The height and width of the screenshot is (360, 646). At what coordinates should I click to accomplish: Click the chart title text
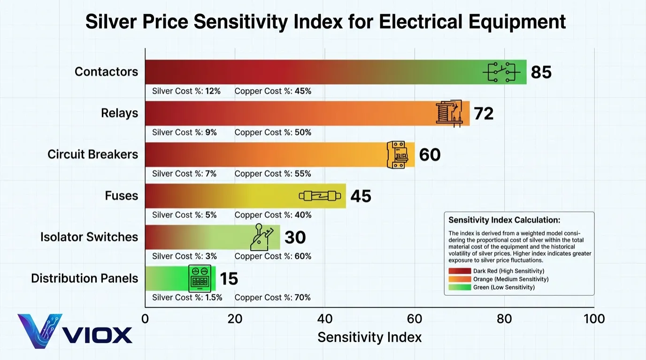pos(325,22)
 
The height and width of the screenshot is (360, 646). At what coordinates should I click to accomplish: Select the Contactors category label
pos(106,72)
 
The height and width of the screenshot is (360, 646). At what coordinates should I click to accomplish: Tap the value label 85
pos(541,72)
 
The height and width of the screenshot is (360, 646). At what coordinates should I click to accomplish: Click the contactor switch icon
pos(501,72)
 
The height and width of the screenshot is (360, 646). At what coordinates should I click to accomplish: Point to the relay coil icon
pos(449,113)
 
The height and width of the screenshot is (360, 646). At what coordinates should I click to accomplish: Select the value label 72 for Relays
pos(483,114)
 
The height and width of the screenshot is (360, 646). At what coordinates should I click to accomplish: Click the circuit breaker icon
pos(396,154)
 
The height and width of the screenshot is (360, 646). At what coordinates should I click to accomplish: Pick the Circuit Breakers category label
pos(92,154)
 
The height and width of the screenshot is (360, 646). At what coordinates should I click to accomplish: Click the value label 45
pos(361,196)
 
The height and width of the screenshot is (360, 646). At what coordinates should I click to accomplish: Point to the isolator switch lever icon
pos(261,237)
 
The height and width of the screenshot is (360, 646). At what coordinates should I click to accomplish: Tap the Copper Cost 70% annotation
pos(272,298)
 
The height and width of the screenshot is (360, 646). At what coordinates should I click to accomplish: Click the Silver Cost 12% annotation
pos(186,91)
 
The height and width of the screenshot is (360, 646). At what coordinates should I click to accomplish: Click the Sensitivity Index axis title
pos(369,337)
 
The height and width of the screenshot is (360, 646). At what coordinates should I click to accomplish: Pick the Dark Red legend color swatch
pos(459,271)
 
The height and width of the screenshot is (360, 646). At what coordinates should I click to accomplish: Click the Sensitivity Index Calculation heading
pos(504,220)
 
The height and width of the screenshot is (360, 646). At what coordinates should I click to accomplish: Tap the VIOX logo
pos(75,331)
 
